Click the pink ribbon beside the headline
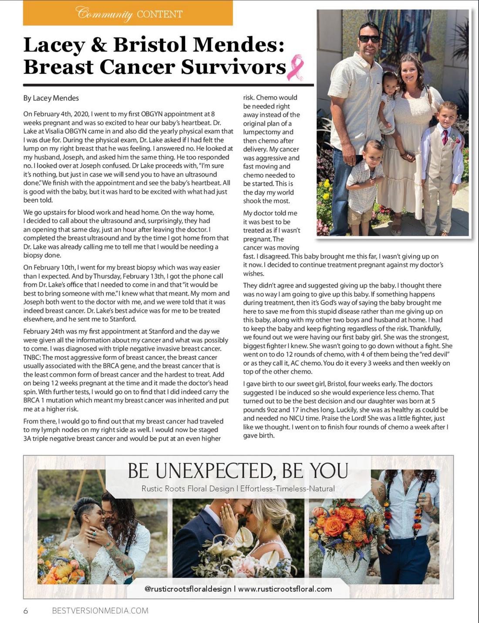click(295, 67)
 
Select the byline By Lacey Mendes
click(51, 98)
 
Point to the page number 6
click(26, 611)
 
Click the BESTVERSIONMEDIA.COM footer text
click(100, 611)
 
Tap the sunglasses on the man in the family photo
click(370, 39)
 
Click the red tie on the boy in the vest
click(445, 137)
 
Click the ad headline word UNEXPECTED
click(213, 471)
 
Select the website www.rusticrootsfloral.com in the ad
click(285, 589)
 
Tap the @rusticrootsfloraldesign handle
click(188, 589)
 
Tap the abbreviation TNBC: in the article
click(32, 357)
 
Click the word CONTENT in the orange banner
click(159, 14)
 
